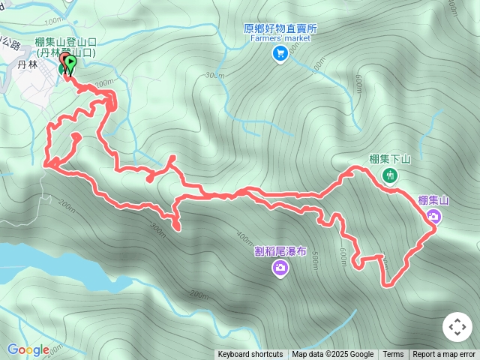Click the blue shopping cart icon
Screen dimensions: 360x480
280,52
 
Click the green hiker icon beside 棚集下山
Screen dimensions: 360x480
389,175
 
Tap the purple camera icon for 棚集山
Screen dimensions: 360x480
433,217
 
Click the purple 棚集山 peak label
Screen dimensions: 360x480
433,200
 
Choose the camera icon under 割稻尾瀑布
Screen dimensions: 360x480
280,268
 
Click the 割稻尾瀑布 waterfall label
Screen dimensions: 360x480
279,251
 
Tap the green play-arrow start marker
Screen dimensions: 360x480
70,64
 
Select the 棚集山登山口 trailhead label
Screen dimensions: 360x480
64,44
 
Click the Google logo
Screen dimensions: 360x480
28,349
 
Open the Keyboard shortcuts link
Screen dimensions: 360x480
250,355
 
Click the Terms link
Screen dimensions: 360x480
393,355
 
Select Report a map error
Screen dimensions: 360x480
444,355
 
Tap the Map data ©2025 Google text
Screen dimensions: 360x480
332,355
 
